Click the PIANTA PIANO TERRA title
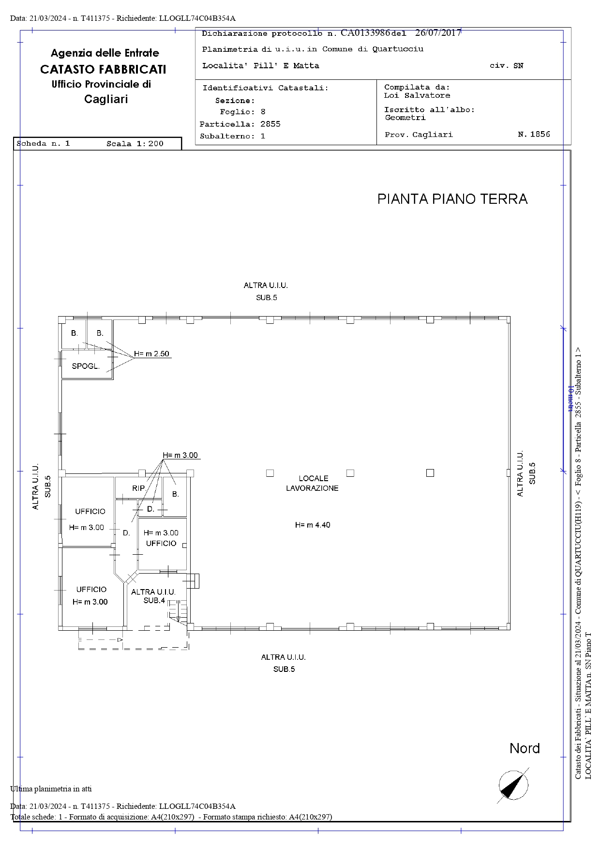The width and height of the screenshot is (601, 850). click(x=452, y=199)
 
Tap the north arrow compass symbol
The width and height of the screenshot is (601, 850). click(x=513, y=785)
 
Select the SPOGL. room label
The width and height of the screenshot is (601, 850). click(x=86, y=366)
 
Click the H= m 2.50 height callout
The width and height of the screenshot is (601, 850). click(x=152, y=354)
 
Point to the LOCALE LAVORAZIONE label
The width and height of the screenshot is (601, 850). click(x=313, y=483)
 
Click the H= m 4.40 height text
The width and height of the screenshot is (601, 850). click(x=313, y=525)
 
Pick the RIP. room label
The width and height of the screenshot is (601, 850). click(x=139, y=488)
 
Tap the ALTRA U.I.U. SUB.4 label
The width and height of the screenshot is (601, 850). click(x=154, y=596)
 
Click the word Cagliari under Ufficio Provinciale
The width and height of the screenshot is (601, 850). click(x=106, y=99)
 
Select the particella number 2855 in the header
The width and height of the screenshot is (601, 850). click(x=270, y=124)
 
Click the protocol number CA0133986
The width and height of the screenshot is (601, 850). click(x=365, y=33)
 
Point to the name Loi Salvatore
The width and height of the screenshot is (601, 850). click(x=417, y=95)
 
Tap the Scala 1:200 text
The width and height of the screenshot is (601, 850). click(x=135, y=144)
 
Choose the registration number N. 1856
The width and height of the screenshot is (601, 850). click(x=534, y=134)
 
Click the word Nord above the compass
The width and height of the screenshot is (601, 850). click(x=525, y=748)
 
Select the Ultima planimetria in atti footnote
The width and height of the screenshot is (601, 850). click(x=51, y=789)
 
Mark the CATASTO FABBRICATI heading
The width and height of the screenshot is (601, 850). click(x=103, y=69)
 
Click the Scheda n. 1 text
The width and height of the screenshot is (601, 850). click(x=43, y=144)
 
